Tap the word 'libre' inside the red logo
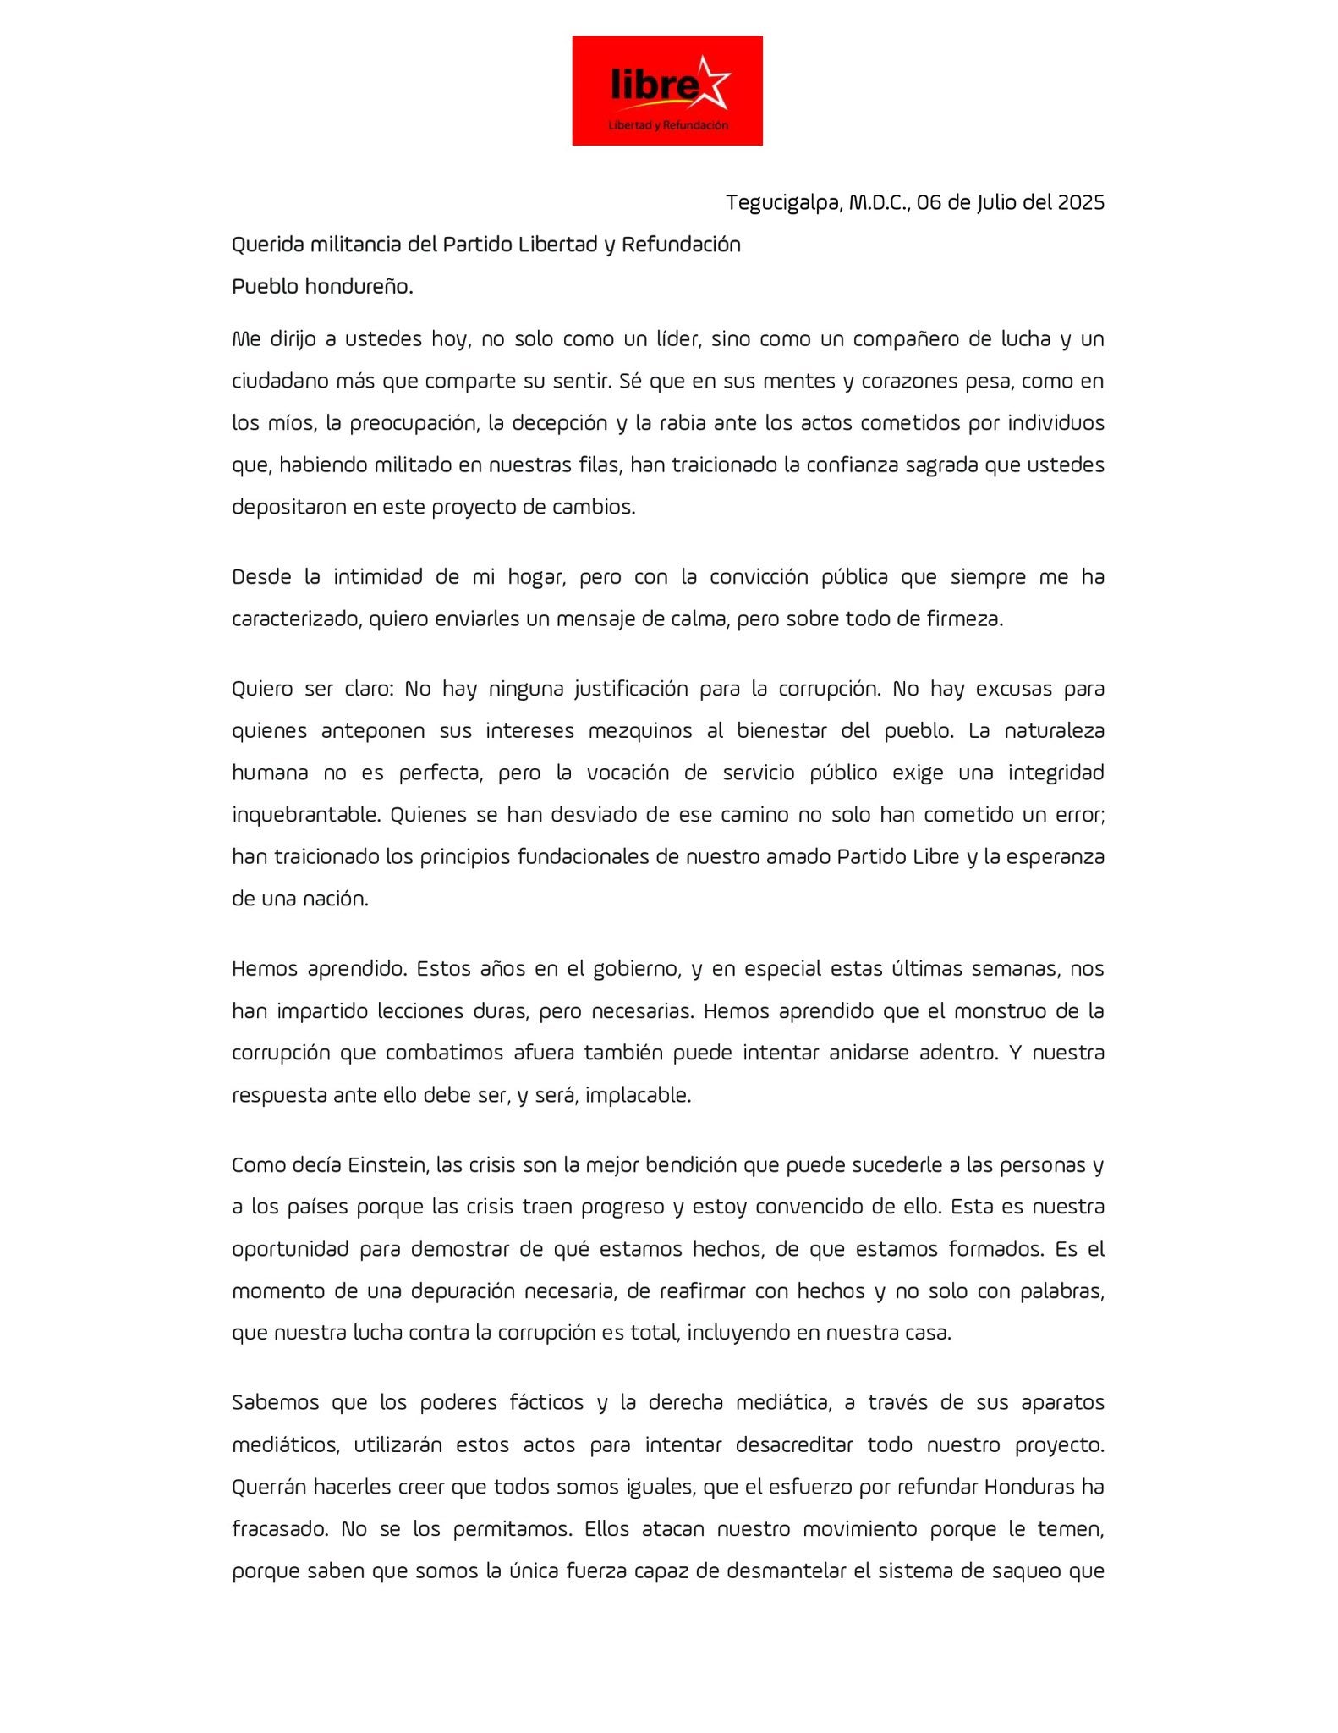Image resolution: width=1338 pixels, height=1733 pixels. coord(652,85)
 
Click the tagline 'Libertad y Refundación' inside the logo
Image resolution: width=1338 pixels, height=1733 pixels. coord(668,125)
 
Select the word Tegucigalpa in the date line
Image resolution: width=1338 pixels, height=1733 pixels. coord(783,202)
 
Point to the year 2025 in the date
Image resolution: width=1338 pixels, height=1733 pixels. coord(1078,202)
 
